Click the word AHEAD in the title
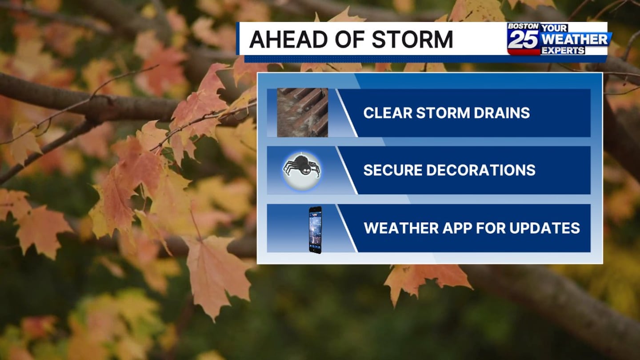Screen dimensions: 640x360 pyautogui.click(x=289, y=39)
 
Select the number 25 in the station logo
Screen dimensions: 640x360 pyautogui.click(x=523, y=40)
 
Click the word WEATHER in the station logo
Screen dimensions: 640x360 pyautogui.click(x=574, y=40)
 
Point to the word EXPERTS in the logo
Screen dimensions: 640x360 pyautogui.click(x=563, y=51)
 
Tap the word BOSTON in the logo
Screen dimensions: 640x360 pyautogui.click(x=523, y=26)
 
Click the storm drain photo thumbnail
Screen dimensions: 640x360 pyautogui.click(x=303, y=112)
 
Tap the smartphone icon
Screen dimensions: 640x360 pyautogui.click(x=315, y=230)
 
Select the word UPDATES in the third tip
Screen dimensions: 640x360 pyautogui.click(x=544, y=228)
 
